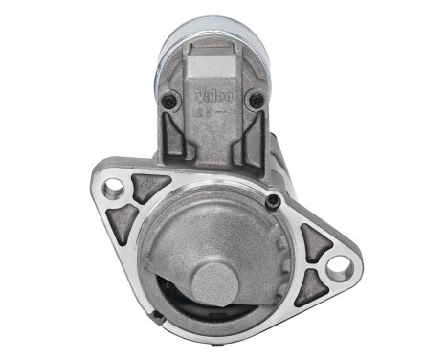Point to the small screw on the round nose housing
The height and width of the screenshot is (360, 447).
(274, 201)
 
